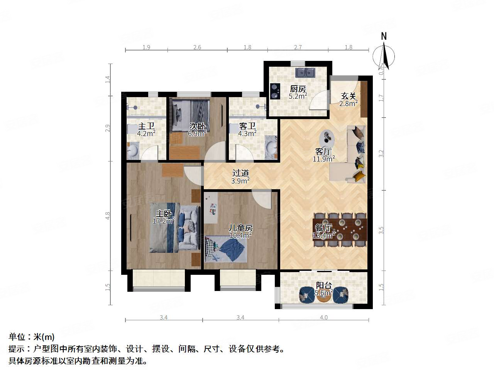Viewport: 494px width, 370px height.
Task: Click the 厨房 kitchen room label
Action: [x=298, y=88]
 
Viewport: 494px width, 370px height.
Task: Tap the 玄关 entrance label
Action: [x=349, y=96]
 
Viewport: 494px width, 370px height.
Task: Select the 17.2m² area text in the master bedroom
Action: [x=164, y=220]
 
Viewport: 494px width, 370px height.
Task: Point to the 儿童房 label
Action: [x=240, y=228]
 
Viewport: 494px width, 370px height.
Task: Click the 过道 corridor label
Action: [x=240, y=173]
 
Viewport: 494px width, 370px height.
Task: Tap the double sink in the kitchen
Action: [x=306, y=72]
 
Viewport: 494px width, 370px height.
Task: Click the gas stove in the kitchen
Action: [x=275, y=91]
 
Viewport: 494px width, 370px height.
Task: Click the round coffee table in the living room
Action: [x=328, y=136]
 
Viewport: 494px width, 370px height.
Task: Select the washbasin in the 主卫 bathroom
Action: [x=133, y=150]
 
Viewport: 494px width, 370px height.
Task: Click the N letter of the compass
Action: [x=384, y=36]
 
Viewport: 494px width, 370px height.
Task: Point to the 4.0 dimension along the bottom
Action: [x=324, y=318]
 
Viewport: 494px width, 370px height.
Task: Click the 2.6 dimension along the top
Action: [x=197, y=47]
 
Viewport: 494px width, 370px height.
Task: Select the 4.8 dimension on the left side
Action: [x=108, y=216]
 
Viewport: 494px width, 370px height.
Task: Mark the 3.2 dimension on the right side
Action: [x=381, y=153]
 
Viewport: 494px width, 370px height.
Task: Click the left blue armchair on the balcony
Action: [x=307, y=295]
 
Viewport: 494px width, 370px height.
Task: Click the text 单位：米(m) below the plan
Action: [x=32, y=337]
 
